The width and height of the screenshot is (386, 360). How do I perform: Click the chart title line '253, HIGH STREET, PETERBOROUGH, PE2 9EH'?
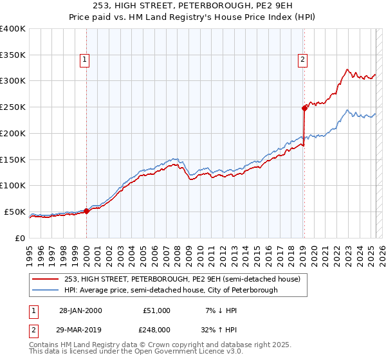(x=192, y=6)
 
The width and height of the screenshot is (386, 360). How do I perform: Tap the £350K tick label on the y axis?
(x=13, y=55)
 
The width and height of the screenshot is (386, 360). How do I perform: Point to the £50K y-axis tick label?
(x=15, y=212)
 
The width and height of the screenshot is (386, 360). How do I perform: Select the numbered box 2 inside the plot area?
(x=302, y=60)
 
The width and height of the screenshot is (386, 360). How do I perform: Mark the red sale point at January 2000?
(x=86, y=211)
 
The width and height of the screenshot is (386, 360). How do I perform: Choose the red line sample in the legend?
(x=46, y=279)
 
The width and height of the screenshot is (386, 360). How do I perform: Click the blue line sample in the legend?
(x=46, y=290)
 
